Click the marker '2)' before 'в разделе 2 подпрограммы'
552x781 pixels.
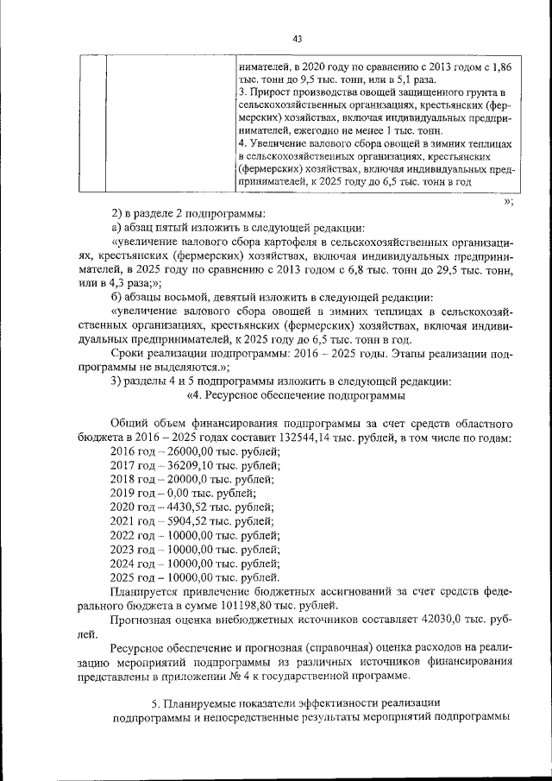[x=118, y=213]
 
